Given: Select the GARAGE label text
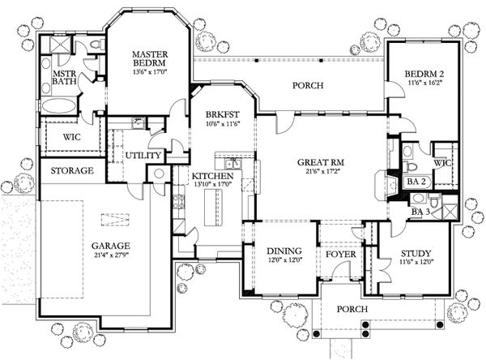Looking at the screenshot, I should click(x=111, y=245).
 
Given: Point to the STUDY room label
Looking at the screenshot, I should click(x=416, y=253).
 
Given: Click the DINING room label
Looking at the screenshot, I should click(x=285, y=251).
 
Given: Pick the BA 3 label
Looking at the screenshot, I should click(x=420, y=212).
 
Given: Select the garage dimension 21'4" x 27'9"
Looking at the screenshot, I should click(x=111, y=256).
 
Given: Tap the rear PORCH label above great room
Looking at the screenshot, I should click(x=308, y=85).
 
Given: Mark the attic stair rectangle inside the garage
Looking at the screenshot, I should click(x=113, y=218).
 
